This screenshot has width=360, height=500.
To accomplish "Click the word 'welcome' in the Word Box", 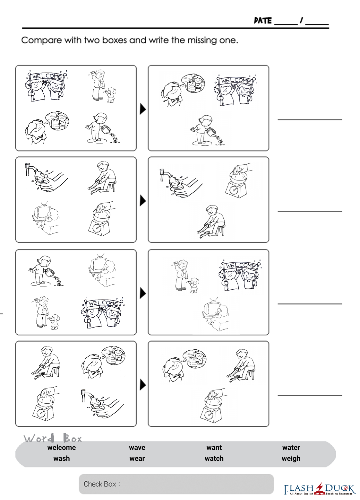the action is pyautogui.click(x=62, y=447).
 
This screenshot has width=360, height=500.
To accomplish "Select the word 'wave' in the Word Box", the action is pyautogui.click(x=137, y=447).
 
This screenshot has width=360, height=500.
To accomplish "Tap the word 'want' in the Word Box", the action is pyautogui.click(x=214, y=447).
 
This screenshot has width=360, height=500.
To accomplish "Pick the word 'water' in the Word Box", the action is pyautogui.click(x=291, y=447).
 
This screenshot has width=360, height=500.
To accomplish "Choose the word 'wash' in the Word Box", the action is pyautogui.click(x=62, y=458).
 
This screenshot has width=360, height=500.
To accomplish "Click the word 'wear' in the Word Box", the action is pyautogui.click(x=137, y=458).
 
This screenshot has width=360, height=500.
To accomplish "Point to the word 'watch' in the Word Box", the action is pyautogui.click(x=214, y=458).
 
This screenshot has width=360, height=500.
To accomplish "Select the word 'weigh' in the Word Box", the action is pyautogui.click(x=291, y=459).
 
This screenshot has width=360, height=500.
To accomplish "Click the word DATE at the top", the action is pyautogui.click(x=263, y=21).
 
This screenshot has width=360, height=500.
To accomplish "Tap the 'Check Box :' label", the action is pyautogui.click(x=102, y=484).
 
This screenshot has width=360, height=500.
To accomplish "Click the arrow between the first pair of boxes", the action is pyautogui.click(x=143, y=109).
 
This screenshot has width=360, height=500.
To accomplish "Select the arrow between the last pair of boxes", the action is pyautogui.click(x=143, y=385).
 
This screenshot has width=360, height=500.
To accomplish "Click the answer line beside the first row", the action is pyautogui.click(x=310, y=120).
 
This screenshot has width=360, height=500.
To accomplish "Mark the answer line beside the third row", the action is pyautogui.click(x=310, y=304).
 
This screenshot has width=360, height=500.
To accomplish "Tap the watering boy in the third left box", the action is pyautogui.click(x=46, y=271).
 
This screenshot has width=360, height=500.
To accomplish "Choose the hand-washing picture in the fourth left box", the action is pyautogui.click(x=102, y=403).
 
